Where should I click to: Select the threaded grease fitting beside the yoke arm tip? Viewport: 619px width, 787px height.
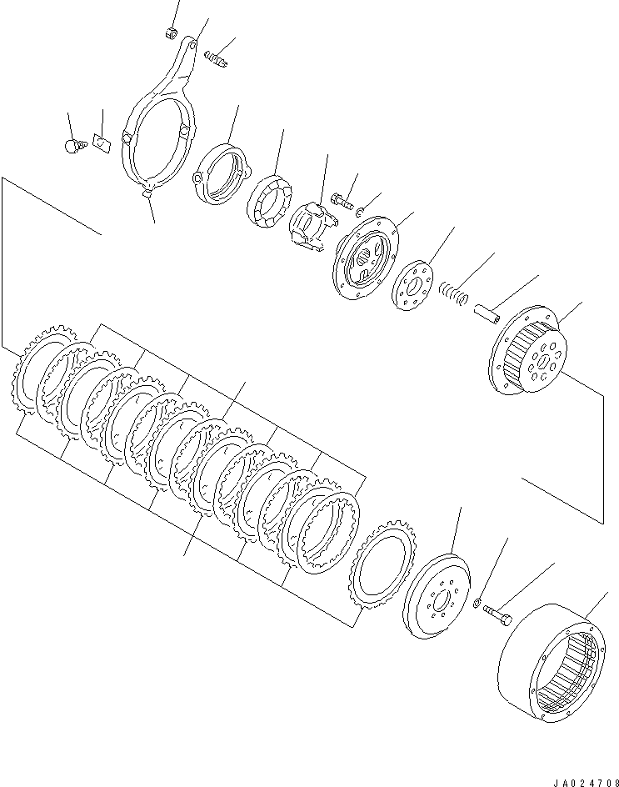[x=215, y=60]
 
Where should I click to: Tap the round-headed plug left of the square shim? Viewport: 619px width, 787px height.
[x=72, y=147]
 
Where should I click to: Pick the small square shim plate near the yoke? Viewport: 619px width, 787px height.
[x=101, y=143]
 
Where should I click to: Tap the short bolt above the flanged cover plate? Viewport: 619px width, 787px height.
[x=342, y=199]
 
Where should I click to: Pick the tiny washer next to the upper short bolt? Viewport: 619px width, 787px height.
[x=359, y=213]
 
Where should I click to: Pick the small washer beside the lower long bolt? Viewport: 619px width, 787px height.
[x=476, y=603]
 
